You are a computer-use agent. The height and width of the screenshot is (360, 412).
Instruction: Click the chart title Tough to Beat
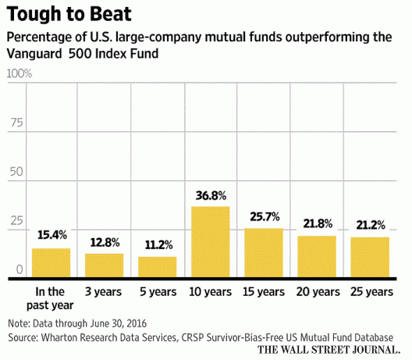coord(69,14)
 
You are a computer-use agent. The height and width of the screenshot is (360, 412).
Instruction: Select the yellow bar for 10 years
coord(211,242)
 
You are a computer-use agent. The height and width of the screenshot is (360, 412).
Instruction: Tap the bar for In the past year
coord(51,262)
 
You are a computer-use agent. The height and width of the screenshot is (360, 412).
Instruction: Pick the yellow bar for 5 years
coord(158,267)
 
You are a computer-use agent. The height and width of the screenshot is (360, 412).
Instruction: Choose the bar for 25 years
coord(370,257)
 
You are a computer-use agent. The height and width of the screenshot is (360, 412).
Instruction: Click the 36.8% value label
coord(211,196)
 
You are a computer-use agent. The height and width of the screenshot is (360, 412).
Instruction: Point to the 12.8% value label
coord(105,242)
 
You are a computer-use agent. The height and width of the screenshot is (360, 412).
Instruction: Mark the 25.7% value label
coord(265,216)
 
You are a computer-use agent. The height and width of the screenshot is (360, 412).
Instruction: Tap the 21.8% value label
coord(318,224)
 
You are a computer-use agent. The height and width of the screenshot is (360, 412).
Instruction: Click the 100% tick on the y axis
coord(20,73)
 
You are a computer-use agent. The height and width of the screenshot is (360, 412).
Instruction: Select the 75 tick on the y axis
coord(17,123)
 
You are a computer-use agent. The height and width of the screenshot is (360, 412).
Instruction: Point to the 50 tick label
coord(16,172)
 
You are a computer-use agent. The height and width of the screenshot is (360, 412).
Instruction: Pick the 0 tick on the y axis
coord(20,269)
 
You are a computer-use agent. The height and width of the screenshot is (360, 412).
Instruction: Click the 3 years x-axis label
coord(103,292)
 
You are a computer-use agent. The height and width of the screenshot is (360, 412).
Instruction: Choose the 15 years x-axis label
coord(264,292)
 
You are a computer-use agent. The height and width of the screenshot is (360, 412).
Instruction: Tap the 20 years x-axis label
coord(318,292)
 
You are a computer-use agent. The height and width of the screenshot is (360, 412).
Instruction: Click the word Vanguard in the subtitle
coord(34,54)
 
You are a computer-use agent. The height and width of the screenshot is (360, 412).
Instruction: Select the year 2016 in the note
coord(136,323)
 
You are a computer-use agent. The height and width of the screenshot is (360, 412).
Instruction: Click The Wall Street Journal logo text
coord(329,350)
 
